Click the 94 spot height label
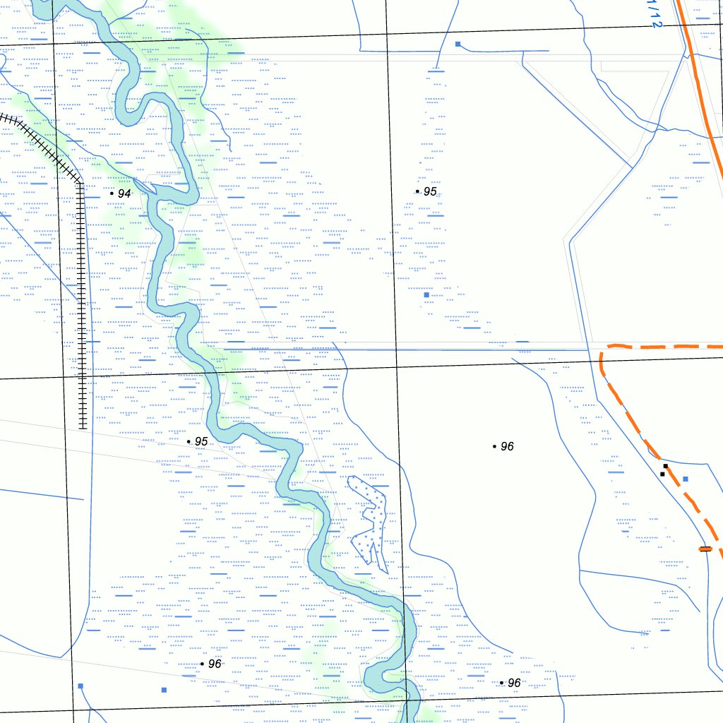click(x=124, y=193)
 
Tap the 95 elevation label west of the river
click(x=201, y=441)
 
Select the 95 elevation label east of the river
click(x=430, y=192)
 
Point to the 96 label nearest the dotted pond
click(x=507, y=447)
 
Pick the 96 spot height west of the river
click(x=215, y=664)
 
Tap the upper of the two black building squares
click(x=666, y=466)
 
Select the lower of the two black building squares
click(x=662, y=474)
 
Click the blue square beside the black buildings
click(x=685, y=479)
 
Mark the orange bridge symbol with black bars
click(x=705, y=549)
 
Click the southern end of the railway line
click(x=83, y=426)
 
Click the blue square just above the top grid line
click(x=458, y=44)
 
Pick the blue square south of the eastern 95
click(x=426, y=295)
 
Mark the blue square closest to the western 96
click(x=164, y=690)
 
